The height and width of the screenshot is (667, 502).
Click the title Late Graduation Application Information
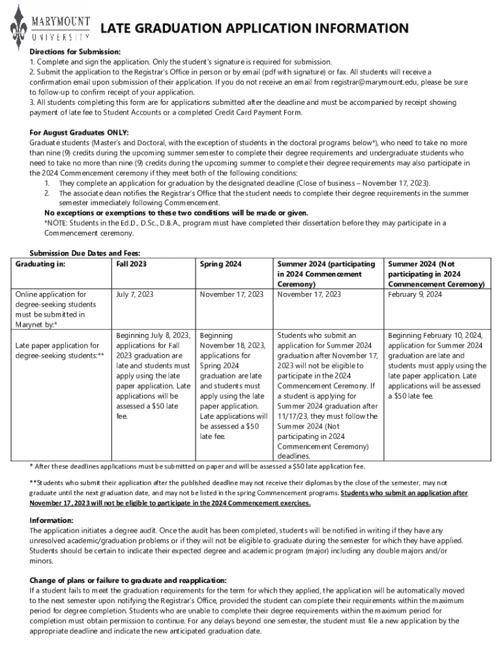click(254, 28)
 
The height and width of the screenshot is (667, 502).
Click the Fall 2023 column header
click(131, 264)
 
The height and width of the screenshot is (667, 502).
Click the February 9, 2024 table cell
click(415, 294)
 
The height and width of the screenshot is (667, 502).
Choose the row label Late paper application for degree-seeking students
click(59, 350)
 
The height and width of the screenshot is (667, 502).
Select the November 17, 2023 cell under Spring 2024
click(231, 294)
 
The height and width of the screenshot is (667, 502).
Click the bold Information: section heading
click(52, 520)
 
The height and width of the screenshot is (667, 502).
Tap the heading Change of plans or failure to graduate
click(128, 580)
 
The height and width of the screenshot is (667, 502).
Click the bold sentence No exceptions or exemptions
click(176, 213)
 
